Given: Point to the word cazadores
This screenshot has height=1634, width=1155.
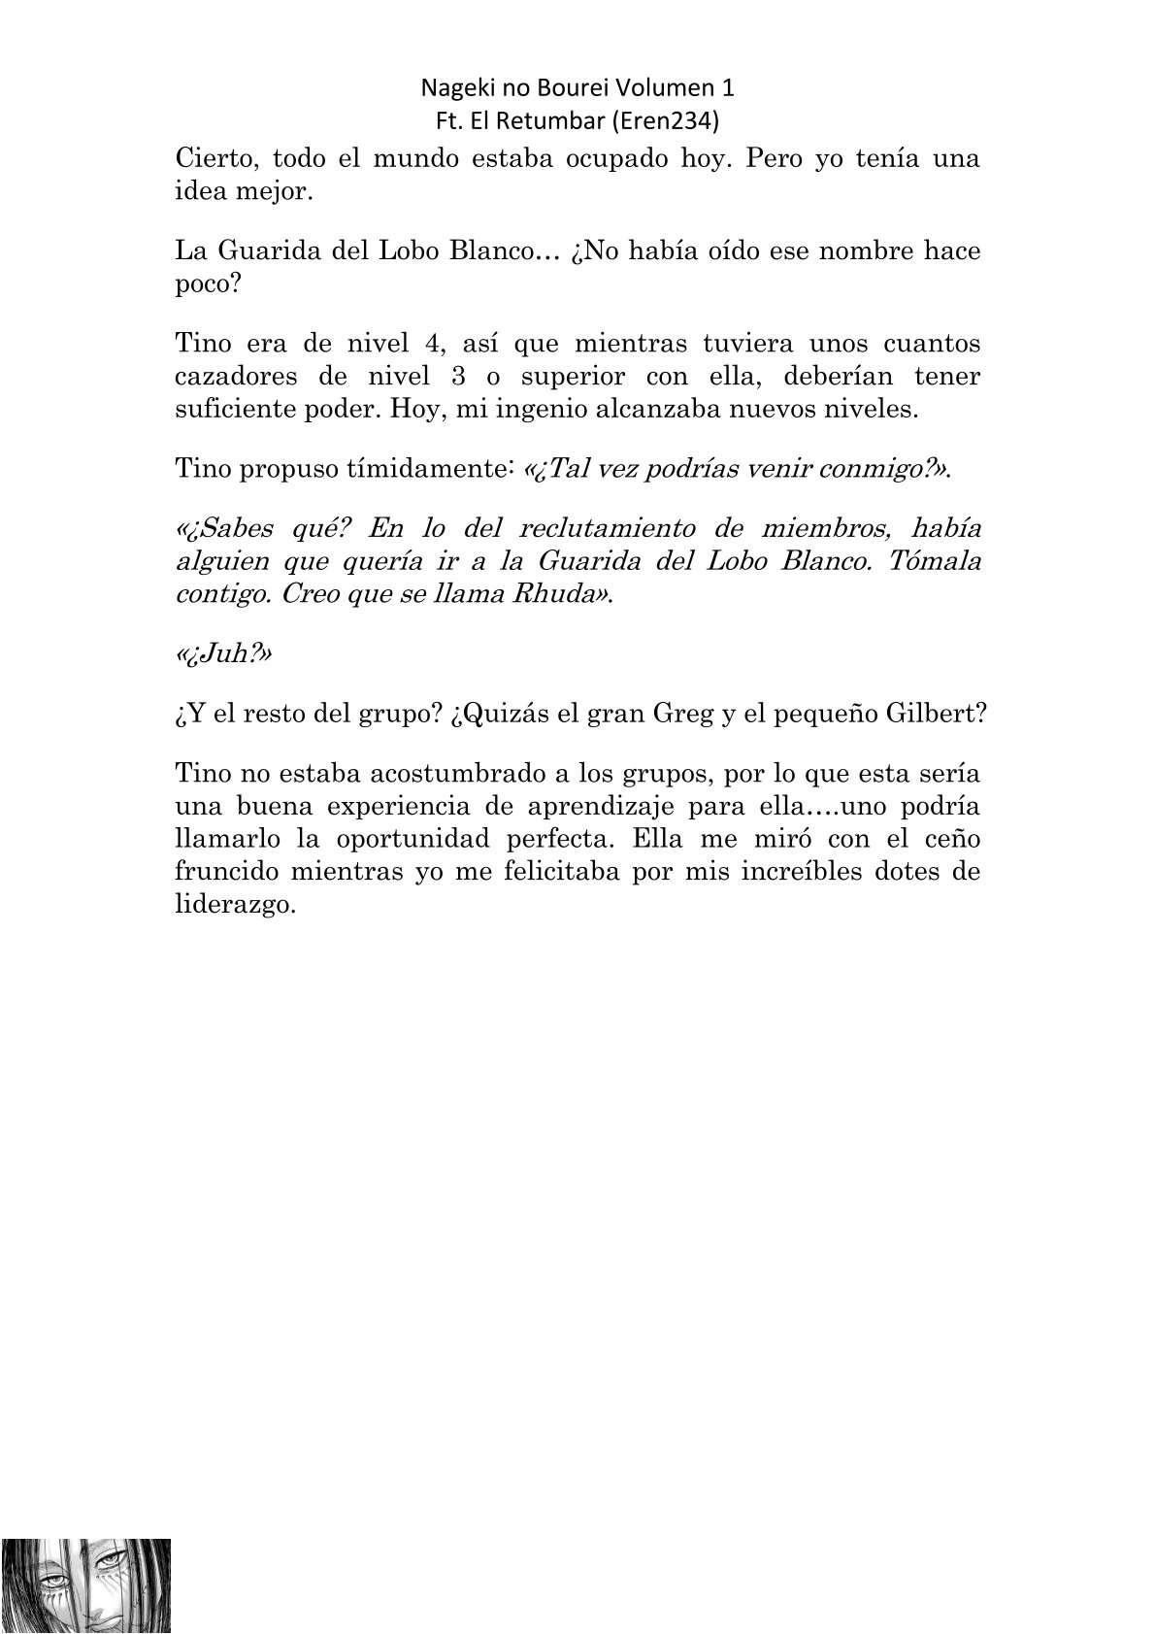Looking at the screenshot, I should [238, 376].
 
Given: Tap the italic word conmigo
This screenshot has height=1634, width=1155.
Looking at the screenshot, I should [871, 469].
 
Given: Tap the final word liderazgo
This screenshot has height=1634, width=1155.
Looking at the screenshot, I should [233, 904].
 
